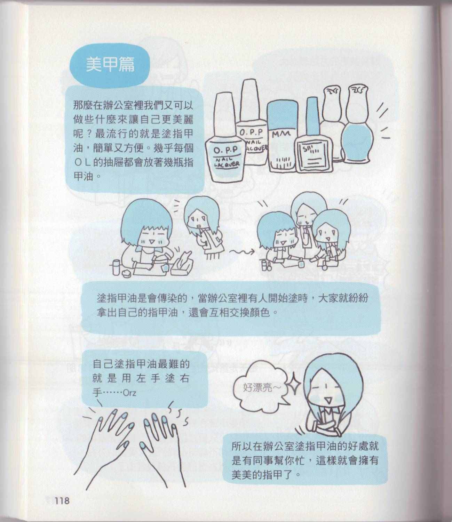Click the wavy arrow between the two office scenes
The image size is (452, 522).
tap(242, 251)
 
